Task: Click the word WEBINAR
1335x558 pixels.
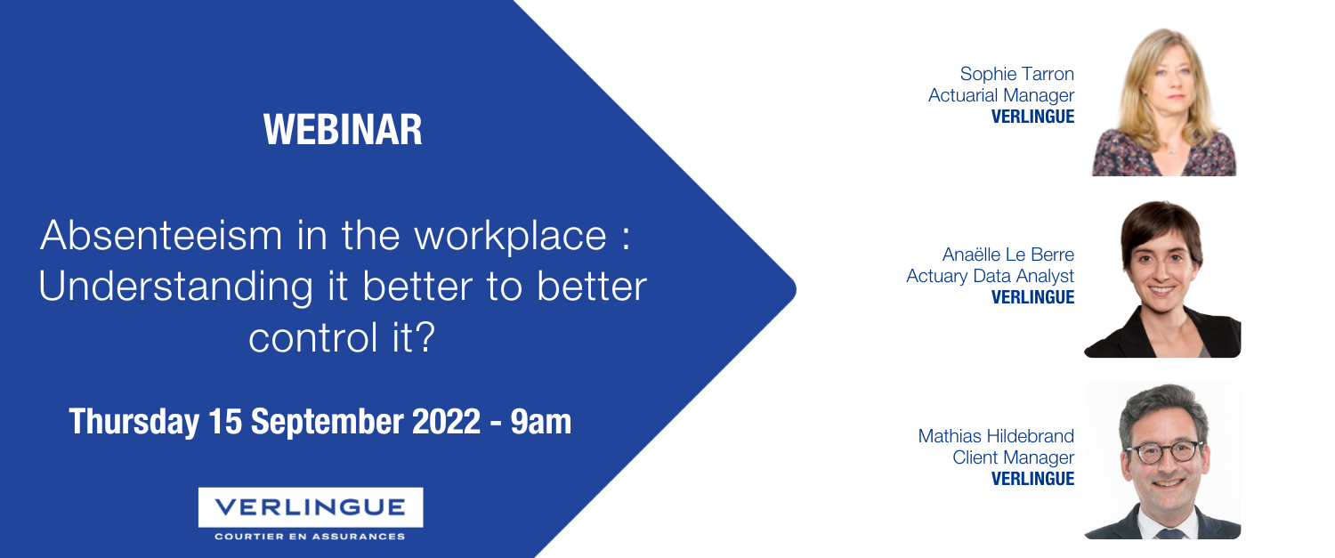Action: point(343,129)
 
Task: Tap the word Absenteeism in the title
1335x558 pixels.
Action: point(161,235)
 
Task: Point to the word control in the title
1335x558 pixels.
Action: point(313,337)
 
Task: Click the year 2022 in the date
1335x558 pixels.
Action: point(447,422)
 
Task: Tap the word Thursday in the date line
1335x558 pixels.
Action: point(134,422)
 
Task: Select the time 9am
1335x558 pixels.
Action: point(540,422)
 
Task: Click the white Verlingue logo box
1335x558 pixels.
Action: point(311,507)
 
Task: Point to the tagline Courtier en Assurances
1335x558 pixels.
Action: point(310,537)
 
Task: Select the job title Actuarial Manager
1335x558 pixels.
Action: point(1001,95)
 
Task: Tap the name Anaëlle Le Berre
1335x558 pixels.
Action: point(1007,255)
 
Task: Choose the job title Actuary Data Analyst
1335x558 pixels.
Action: point(990,276)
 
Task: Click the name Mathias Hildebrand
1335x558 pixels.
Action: point(996,436)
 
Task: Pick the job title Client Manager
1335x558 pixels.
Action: point(1013,457)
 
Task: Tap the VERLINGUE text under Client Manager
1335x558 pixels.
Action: point(1032,479)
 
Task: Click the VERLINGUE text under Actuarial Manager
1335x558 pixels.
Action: point(1032,117)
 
